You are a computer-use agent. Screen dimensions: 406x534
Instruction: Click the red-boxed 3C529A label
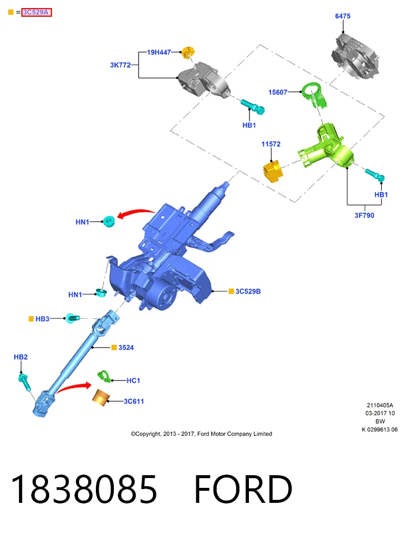(x=36, y=12)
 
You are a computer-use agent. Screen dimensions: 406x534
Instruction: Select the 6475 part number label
(x=342, y=16)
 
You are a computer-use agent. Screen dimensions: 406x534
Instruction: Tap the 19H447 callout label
(x=159, y=52)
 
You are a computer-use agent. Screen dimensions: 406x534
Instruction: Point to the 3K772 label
(x=120, y=65)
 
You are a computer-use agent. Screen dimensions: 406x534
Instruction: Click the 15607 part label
(x=278, y=92)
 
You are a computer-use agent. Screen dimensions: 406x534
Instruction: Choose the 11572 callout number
(x=271, y=144)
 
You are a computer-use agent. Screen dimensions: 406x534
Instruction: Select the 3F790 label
(x=364, y=215)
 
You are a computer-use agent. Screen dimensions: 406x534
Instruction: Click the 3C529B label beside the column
(x=248, y=291)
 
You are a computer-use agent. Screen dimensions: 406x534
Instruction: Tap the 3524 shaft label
(x=126, y=347)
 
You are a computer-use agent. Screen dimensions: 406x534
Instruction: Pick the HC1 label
(x=133, y=381)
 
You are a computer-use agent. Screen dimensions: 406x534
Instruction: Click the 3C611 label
(x=134, y=401)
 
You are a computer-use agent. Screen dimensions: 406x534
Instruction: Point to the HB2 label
(x=20, y=357)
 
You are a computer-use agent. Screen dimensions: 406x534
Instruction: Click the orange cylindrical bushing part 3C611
(x=101, y=398)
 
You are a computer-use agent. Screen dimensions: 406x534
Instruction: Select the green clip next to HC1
(x=104, y=377)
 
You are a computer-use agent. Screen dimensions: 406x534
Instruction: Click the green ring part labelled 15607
(x=314, y=95)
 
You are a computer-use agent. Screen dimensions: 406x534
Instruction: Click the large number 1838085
(x=84, y=489)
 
